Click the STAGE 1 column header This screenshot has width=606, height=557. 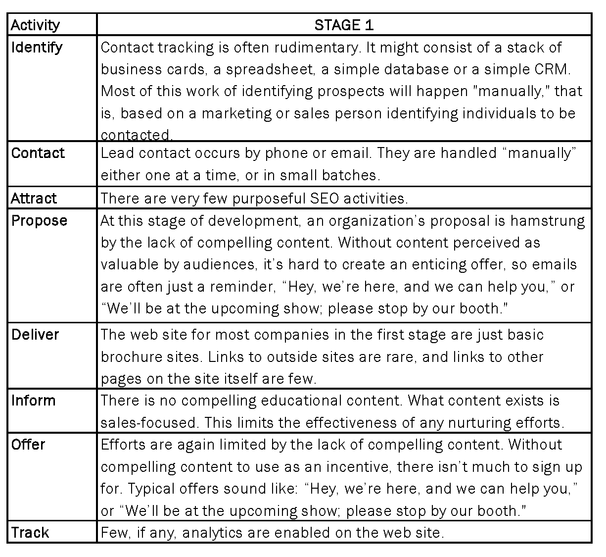pyautogui.click(x=344, y=25)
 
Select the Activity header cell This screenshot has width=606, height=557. pyautogui.click(x=35, y=25)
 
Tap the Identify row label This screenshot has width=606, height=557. pyautogui.click(x=37, y=48)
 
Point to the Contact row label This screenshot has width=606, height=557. pyautogui.click(x=38, y=153)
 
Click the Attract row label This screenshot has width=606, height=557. pyautogui.click(x=34, y=198)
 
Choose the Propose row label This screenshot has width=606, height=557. pyautogui.click(x=39, y=220)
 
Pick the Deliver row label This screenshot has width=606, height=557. pyautogui.click(x=35, y=335)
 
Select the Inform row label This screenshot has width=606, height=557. pyautogui.click(x=34, y=401)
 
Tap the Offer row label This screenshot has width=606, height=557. pyautogui.click(x=28, y=445)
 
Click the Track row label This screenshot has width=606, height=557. pyautogui.click(x=30, y=533)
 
